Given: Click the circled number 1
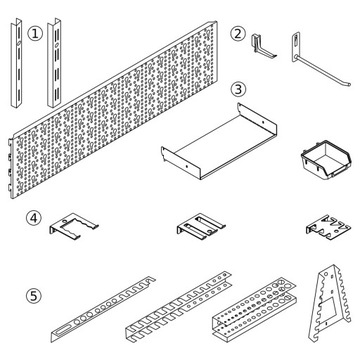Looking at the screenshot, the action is tap(35, 34).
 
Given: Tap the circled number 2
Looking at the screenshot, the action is tap(238, 34).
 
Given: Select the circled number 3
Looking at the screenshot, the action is tap(238, 89).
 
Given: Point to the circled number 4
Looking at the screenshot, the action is tap(34, 218).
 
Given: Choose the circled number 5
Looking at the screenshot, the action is tap(34, 296).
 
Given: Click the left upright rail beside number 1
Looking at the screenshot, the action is tap(16, 63).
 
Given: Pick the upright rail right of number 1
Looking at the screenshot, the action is tap(54, 63).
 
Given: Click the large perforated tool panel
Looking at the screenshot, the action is tap(113, 110).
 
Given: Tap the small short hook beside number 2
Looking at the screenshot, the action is tap(263, 46).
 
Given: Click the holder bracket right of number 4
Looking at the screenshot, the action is tap(74, 226).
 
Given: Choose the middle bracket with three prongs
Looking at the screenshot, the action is tap(201, 226).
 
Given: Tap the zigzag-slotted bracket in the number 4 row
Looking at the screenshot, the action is tap(328, 227).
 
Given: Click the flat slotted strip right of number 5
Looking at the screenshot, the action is tap(103, 309).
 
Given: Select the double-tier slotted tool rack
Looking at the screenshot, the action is tap(179, 306).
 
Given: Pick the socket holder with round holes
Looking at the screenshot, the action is tap(254, 308).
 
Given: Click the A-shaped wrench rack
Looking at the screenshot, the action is tap(330, 303).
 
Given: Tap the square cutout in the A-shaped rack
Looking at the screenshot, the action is tap(326, 310).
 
